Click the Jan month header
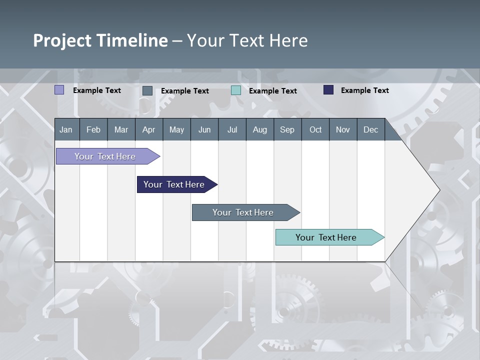(66, 129)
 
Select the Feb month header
(93, 129)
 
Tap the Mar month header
(121, 129)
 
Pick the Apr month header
(149, 129)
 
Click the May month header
(176, 129)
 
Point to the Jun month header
(204, 129)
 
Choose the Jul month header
(232, 129)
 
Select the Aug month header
(260, 129)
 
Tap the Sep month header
(287, 129)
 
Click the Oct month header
(315, 129)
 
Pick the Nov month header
(343, 129)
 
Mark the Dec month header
(371, 129)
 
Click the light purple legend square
(59, 90)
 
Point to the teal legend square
(236, 90)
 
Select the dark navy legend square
(328, 90)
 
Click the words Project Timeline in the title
(100, 40)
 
